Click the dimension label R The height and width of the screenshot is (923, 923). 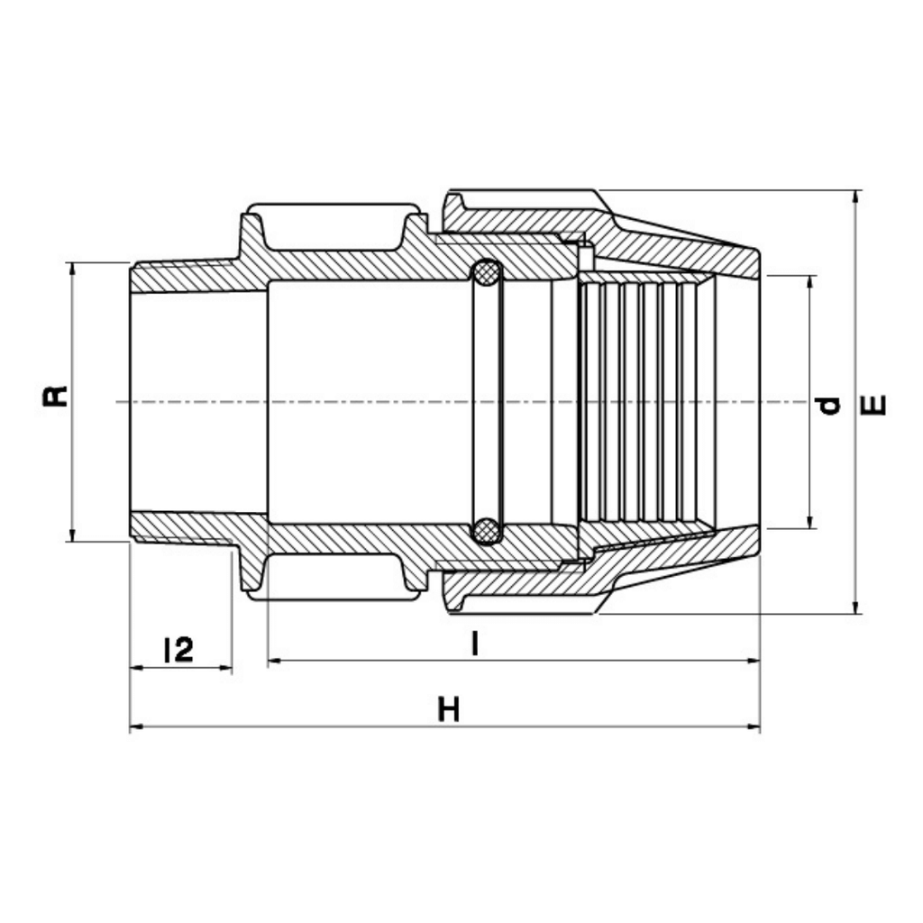click(x=56, y=397)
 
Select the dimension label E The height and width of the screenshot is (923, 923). click(x=877, y=405)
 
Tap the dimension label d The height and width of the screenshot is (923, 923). click(x=829, y=405)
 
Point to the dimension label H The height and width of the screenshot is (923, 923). click(x=449, y=708)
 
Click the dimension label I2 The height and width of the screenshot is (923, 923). click(x=178, y=649)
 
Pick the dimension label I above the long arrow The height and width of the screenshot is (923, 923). click(x=474, y=644)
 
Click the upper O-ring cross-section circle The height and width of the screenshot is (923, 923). click(x=488, y=274)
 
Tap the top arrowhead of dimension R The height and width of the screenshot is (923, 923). click(x=72, y=269)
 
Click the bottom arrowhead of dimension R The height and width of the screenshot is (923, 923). click(x=72, y=535)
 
